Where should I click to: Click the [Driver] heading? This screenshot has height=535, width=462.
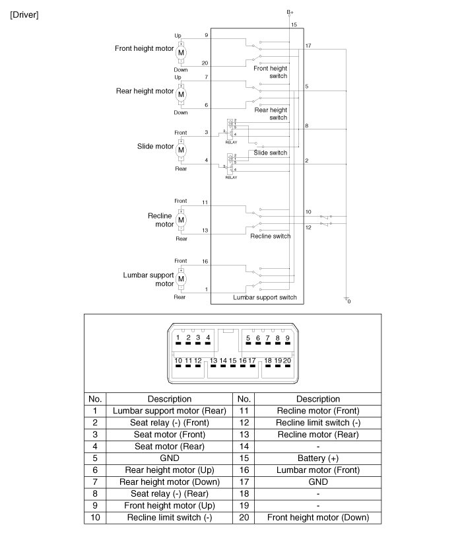click(x=24, y=15)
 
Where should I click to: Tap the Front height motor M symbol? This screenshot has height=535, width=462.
click(x=181, y=52)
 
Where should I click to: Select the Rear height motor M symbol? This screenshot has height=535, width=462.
click(x=181, y=94)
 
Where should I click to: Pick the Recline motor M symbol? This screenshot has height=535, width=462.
click(x=181, y=219)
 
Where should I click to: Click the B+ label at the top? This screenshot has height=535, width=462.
click(x=290, y=12)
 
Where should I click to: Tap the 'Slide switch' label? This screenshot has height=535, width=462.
click(x=271, y=153)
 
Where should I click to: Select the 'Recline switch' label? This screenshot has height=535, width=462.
click(x=270, y=236)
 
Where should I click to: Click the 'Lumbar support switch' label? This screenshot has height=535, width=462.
click(x=265, y=298)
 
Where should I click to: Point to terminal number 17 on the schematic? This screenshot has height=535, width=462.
click(x=309, y=46)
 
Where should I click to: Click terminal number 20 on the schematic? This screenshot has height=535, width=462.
click(x=205, y=63)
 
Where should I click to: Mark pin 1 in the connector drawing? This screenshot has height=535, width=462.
click(x=178, y=338)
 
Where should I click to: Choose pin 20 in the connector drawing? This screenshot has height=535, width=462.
click(x=287, y=361)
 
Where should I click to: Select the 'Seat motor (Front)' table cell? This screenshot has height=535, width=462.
click(x=169, y=435)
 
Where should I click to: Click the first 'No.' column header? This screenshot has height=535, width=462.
click(x=95, y=399)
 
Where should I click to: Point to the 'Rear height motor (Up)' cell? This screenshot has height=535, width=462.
click(x=169, y=470)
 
